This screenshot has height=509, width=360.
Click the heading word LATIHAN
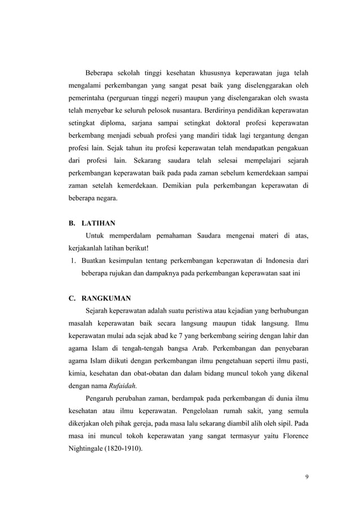pyautogui.click(x=99, y=223)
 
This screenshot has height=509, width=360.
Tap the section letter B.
pyautogui.click(x=72, y=223)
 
